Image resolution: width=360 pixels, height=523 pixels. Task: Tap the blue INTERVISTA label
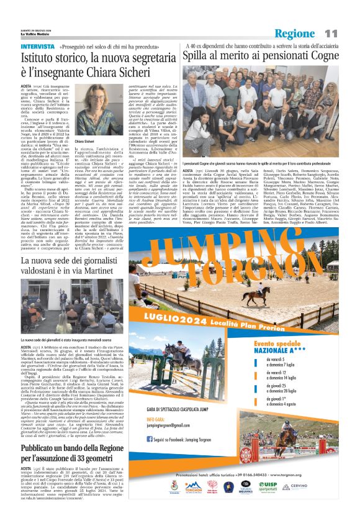tap(37, 47)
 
